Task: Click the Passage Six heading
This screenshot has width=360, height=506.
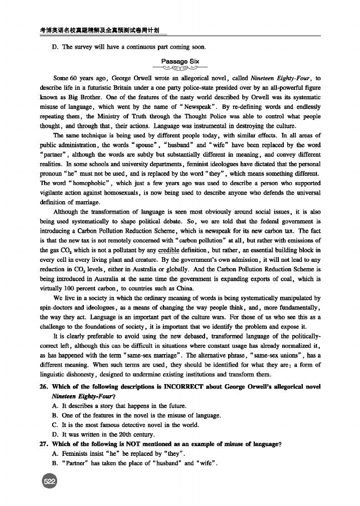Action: pyautogui.click(x=181, y=62)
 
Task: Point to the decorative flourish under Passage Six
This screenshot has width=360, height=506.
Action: pyautogui.click(x=181, y=69)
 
